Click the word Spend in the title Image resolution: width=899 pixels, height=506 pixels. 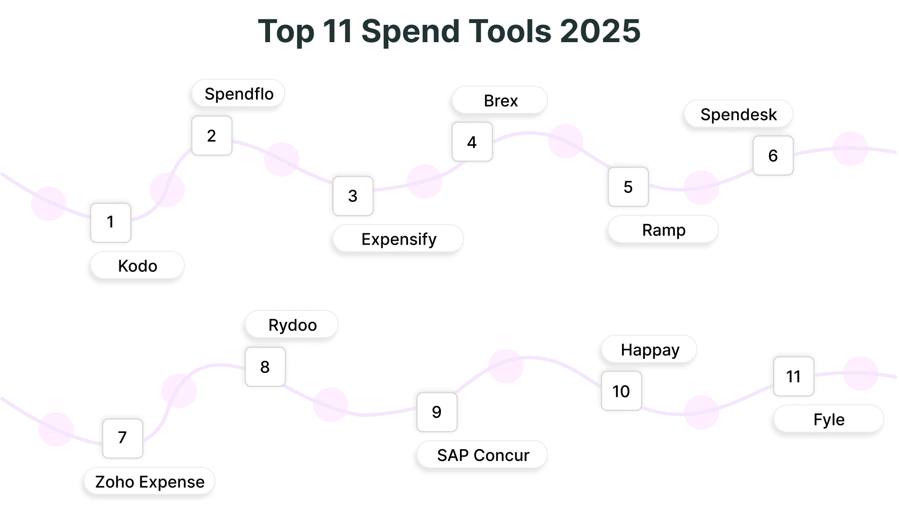(x=410, y=31)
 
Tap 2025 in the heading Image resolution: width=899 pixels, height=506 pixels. (x=600, y=31)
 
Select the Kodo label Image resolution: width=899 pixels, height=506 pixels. (x=137, y=266)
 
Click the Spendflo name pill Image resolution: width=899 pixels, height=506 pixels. (x=239, y=94)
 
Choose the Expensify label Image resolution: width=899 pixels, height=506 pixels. (x=398, y=239)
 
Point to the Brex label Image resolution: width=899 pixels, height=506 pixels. (x=500, y=101)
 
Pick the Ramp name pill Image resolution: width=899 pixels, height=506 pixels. (x=663, y=230)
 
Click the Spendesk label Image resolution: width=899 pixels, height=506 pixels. (x=738, y=114)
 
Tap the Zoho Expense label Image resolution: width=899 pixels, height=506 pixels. (x=150, y=482)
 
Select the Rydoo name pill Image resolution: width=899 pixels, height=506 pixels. (x=292, y=325)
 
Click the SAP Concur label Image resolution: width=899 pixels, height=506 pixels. (x=482, y=455)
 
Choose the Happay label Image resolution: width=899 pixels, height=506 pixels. (x=650, y=350)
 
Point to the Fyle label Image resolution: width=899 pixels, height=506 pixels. (x=829, y=419)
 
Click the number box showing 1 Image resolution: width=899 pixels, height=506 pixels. (x=110, y=223)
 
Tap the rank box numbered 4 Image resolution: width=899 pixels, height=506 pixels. (x=472, y=142)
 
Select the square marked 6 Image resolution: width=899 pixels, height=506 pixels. (x=773, y=156)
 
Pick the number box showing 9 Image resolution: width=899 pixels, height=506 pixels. (x=437, y=412)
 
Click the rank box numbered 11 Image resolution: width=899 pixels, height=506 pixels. (x=793, y=377)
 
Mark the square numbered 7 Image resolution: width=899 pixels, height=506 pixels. (x=123, y=438)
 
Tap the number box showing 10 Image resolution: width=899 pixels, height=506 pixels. (x=621, y=391)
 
